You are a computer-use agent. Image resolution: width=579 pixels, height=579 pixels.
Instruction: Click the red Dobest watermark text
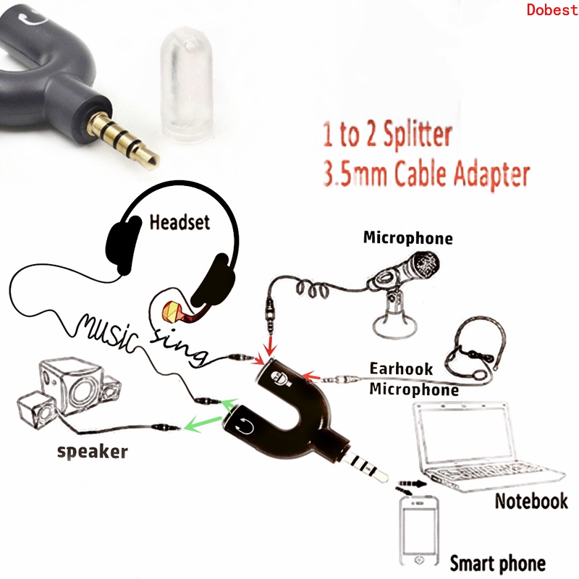point(552,9)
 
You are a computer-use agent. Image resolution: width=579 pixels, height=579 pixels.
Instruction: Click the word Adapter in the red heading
point(491,174)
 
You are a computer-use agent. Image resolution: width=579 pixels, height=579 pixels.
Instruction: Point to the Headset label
point(179,223)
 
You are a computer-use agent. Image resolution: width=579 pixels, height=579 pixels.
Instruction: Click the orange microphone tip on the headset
point(172,311)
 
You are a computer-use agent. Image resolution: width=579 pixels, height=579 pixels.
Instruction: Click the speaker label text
point(93,451)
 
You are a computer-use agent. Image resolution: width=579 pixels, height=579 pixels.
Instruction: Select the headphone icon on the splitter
point(245,426)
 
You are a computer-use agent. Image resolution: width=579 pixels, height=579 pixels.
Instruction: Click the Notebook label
point(531,501)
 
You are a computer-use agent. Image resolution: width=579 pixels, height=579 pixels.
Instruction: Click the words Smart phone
point(497,564)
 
